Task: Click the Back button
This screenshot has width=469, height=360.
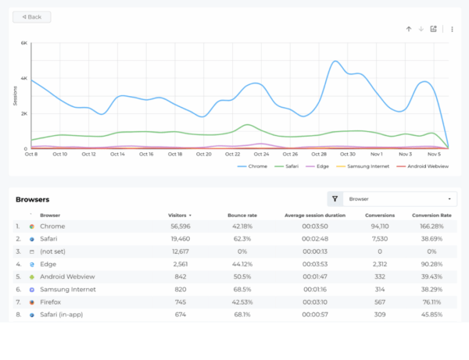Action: pos(32,16)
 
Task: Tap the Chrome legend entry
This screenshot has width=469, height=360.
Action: pos(255,166)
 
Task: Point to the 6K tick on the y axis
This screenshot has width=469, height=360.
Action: pos(23,43)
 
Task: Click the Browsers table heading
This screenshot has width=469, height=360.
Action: pos(33,199)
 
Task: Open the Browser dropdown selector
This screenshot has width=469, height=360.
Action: pos(401,199)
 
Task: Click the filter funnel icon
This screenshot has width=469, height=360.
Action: pos(334,199)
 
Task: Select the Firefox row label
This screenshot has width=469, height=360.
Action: pos(50,302)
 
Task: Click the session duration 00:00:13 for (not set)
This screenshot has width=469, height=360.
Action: pos(315,251)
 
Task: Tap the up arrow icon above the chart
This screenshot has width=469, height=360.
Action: pos(408,29)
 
